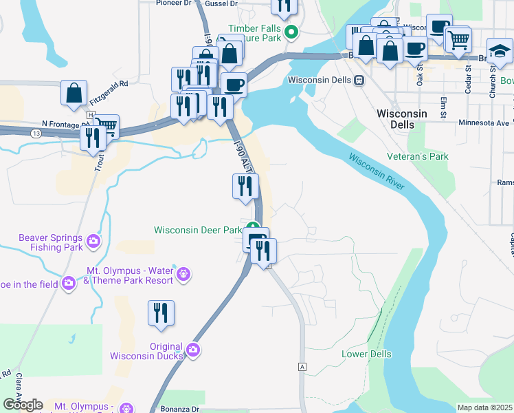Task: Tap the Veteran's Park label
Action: coord(418,157)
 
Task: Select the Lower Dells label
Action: coord(366,354)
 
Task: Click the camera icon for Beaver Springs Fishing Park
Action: coord(93,242)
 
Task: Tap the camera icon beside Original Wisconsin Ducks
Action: coord(193,350)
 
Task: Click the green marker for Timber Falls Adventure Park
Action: coord(291,32)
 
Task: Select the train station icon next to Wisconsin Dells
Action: coord(358,80)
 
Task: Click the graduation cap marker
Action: coord(500,50)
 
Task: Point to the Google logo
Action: coord(23,405)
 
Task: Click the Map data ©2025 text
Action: coord(484,407)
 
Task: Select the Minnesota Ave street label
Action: coord(485,123)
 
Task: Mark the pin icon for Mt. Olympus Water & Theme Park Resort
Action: coord(183,275)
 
